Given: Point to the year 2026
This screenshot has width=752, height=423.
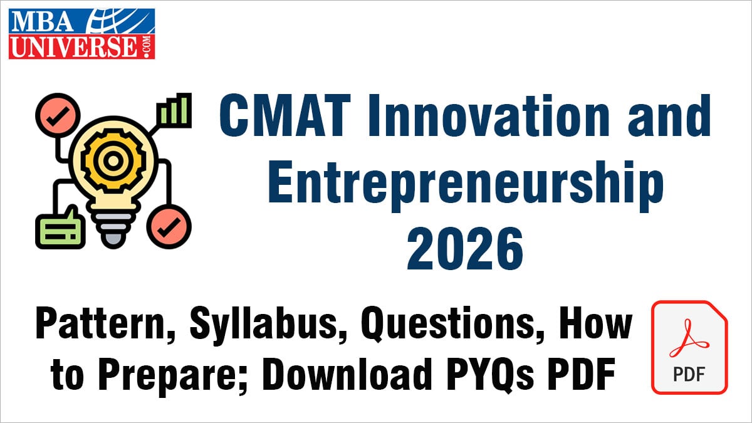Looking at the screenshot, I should tap(465, 249).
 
